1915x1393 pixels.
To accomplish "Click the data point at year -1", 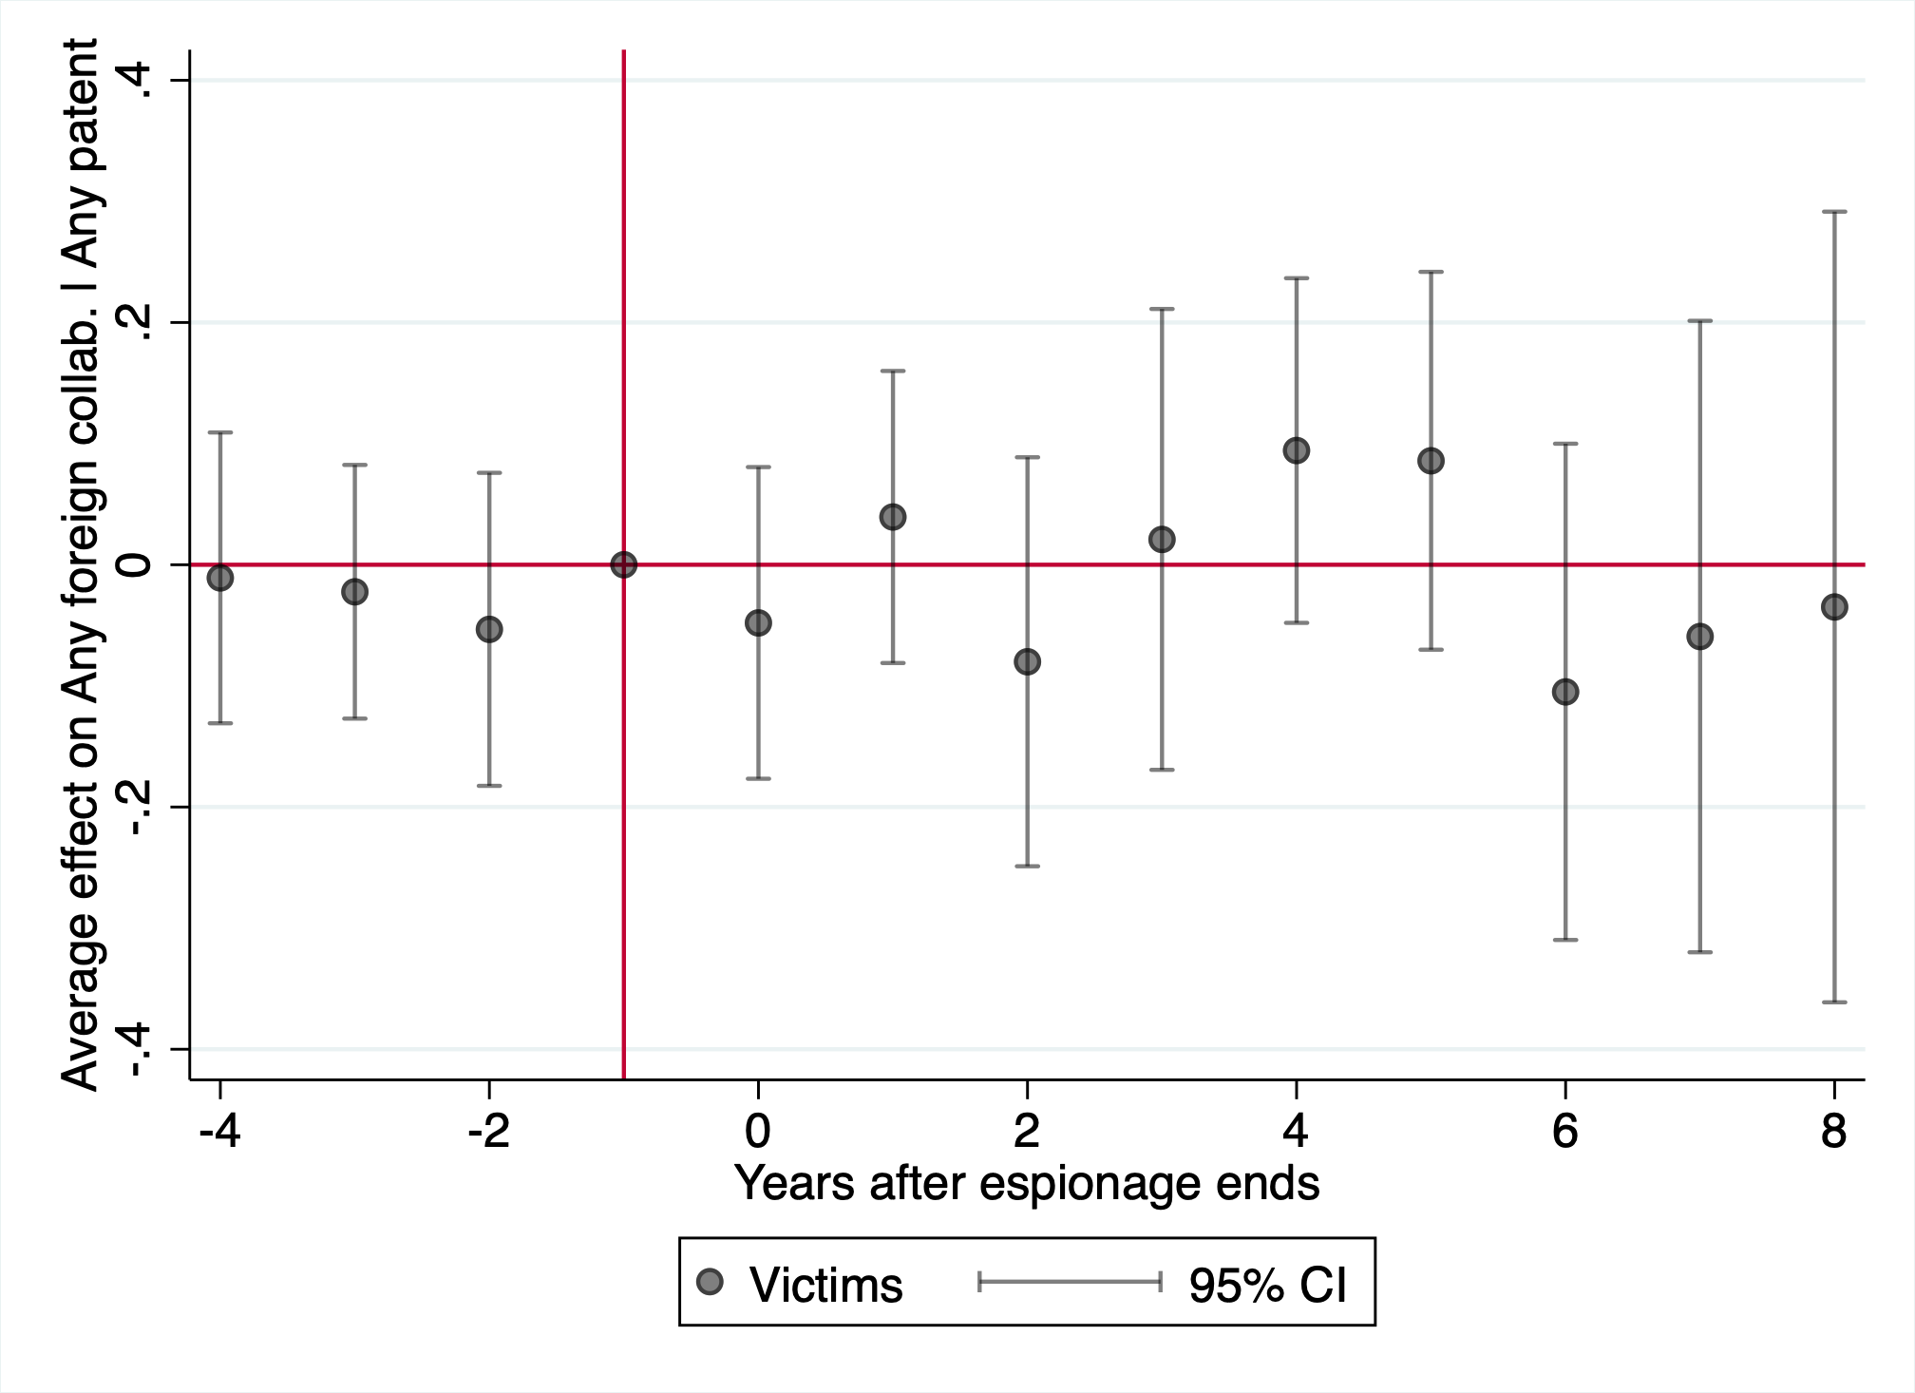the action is pos(623,565).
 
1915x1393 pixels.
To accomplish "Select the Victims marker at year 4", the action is pos(1297,450).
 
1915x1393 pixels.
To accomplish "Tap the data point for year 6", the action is pos(1565,692).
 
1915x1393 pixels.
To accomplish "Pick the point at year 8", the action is pos(1834,607).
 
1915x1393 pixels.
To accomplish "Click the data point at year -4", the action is pos(220,578).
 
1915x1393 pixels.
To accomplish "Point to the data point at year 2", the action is pos(1027,662).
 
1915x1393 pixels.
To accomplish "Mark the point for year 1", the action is pos(893,517).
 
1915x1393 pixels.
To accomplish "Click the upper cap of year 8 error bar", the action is pos(1834,211).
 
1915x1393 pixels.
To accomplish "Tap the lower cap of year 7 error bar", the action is pos(1699,952).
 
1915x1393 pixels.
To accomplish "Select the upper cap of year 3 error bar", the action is pos(1162,309).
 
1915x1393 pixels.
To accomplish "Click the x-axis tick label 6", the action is pos(1565,1131).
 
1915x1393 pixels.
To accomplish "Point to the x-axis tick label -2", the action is pos(488,1131).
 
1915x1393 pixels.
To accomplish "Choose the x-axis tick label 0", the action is pos(758,1131).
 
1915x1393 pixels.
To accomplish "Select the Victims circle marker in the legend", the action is pos(710,1283).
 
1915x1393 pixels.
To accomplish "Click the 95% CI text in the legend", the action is pos(1268,1285).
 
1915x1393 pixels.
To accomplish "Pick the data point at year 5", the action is pos(1431,461).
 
